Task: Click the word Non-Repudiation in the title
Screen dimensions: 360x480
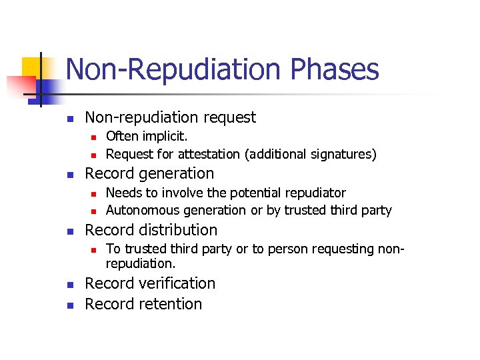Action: [x=160, y=70]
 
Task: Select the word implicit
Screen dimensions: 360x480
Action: [x=164, y=137]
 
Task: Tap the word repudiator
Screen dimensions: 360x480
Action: [x=314, y=193]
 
